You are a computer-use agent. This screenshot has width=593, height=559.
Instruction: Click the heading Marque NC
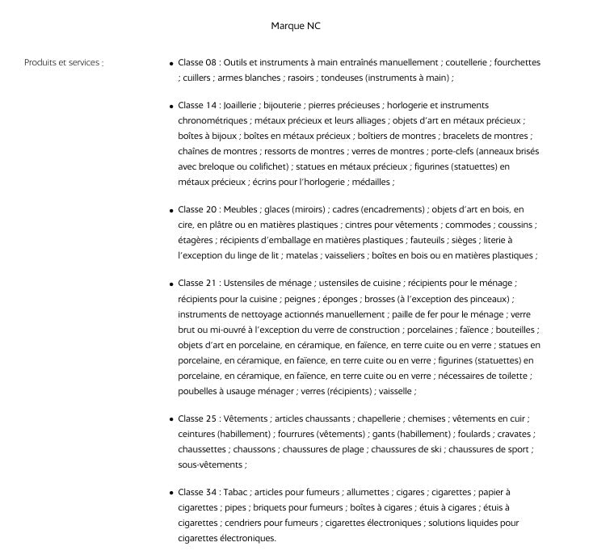click(x=296, y=26)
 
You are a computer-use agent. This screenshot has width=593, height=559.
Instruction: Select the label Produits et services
click(x=64, y=62)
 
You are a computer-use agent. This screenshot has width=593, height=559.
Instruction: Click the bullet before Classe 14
click(x=171, y=106)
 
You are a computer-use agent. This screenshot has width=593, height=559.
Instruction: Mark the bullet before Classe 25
click(x=171, y=420)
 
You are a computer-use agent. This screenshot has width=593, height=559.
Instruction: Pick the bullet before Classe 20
click(x=171, y=210)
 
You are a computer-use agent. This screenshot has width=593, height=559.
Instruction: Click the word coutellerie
click(x=466, y=62)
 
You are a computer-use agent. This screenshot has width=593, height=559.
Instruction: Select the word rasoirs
click(x=300, y=78)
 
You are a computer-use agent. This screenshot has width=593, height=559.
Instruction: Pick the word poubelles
click(x=198, y=391)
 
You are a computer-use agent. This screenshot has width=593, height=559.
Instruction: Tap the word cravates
click(x=514, y=434)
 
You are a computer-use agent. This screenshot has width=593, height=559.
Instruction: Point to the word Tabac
click(x=234, y=492)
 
